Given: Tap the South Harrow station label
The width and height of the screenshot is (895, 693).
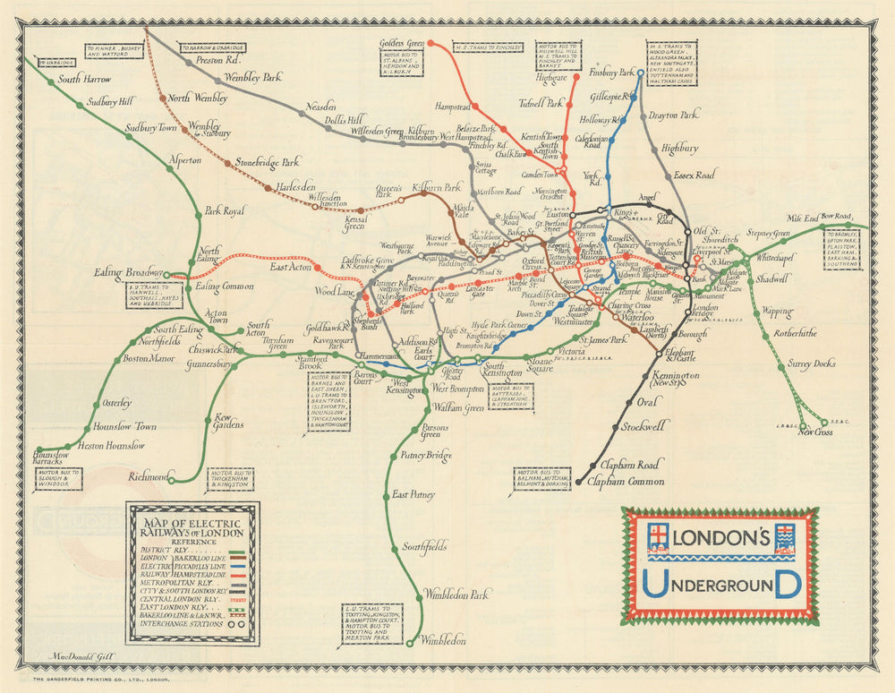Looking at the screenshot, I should [x=84, y=79].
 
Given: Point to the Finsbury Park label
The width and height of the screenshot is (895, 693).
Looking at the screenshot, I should [x=611, y=72].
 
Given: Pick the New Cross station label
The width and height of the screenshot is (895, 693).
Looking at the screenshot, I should [x=817, y=432].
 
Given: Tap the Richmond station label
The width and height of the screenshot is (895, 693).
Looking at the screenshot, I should [x=148, y=476].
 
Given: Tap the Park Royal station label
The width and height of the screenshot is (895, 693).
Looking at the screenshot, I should [x=225, y=211].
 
